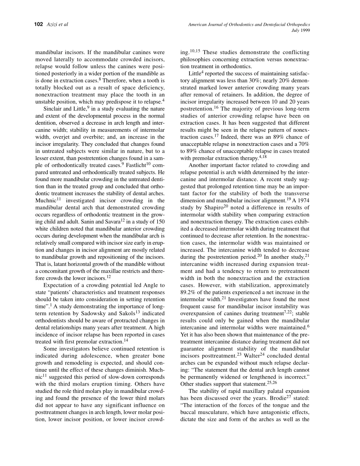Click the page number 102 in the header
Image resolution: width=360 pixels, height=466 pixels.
coord(39,25)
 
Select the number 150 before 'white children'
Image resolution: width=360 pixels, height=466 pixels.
coord(160,228)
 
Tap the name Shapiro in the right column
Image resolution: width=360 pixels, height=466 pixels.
coord(213,208)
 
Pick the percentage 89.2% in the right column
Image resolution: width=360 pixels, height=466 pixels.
coord(189,292)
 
